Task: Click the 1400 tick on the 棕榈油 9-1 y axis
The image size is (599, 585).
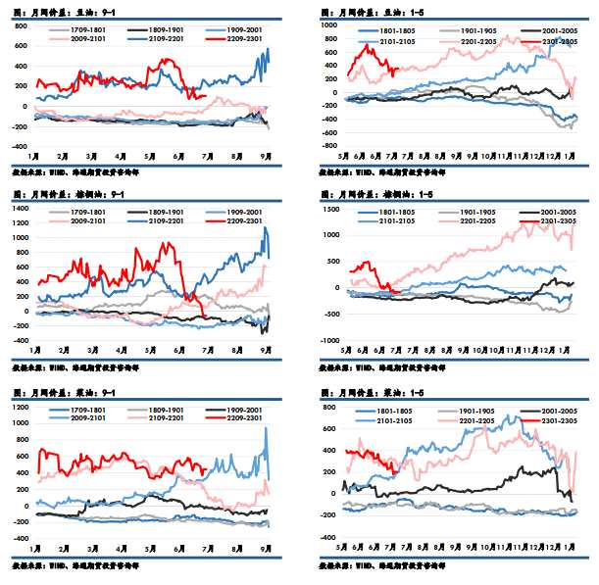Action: [x=20, y=207]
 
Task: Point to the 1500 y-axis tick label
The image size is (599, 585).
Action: [x=328, y=207]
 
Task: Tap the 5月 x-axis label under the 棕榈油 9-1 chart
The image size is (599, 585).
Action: [x=148, y=350]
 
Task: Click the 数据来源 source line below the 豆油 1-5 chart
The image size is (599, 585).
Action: [x=383, y=170]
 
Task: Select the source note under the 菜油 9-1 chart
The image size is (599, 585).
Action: [x=73, y=565]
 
